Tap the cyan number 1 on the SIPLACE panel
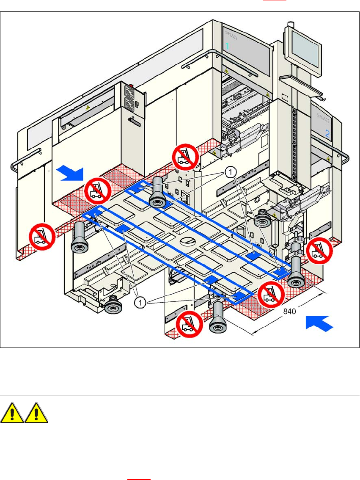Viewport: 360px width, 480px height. click(x=227, y=46)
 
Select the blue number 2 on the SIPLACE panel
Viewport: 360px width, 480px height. click(x=327, y=133)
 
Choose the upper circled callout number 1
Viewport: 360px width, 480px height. click(x=230, y=172)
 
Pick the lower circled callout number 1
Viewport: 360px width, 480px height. click(x=140, y=302)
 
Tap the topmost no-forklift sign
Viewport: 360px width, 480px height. click(x=185, y=156)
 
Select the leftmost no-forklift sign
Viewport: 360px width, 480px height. click(x=41, y=237)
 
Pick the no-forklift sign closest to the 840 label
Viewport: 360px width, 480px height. click(x=271, y=294)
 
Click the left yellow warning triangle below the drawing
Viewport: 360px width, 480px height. click(x=12, y=414)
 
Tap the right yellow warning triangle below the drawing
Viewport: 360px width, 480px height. click(x=36, y=414)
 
